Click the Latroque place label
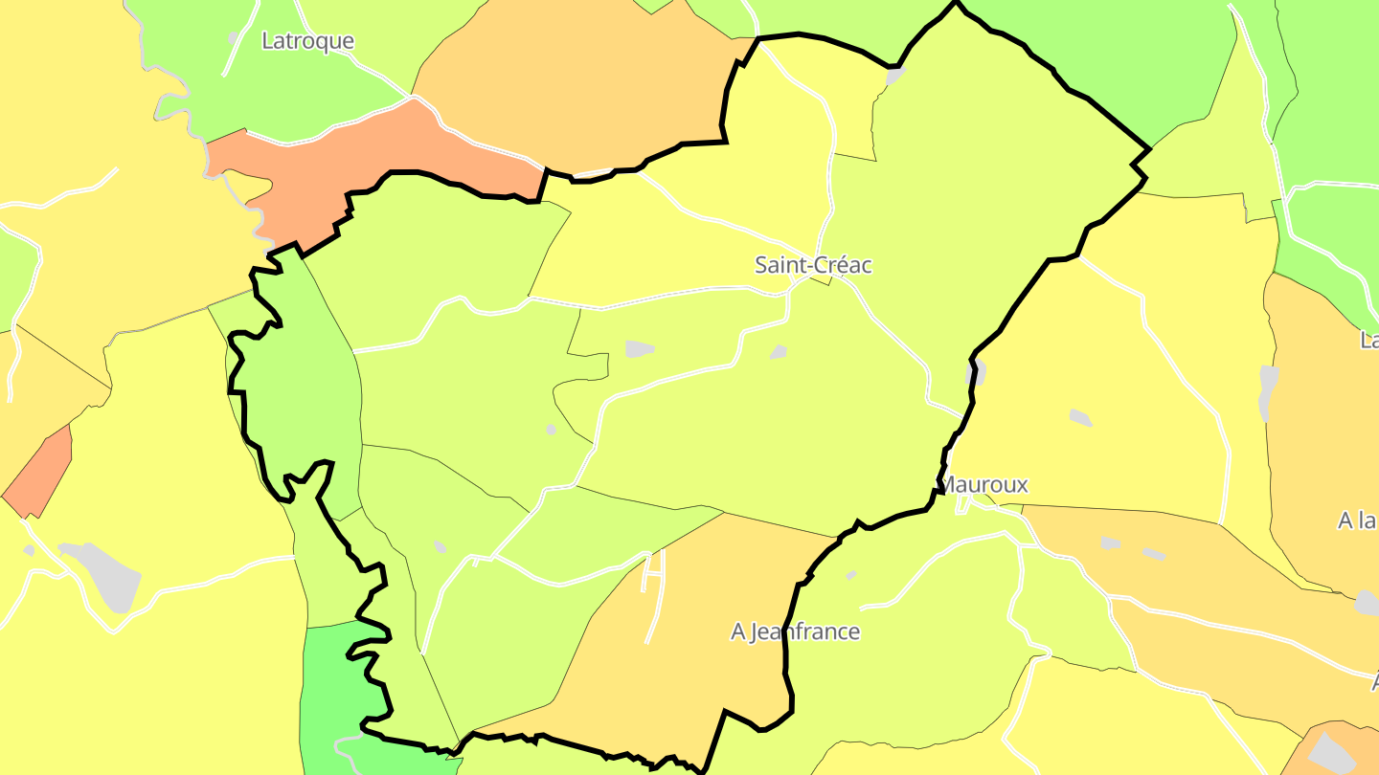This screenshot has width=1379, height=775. pyautogui.click(x=307, y=41)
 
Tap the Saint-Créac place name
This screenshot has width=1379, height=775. pyautogui.click(x=813, y=265)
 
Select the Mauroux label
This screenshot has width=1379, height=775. pyautogui.click(x=985, y=484)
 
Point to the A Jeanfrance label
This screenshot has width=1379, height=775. pyautogui.click(x=795, y=631)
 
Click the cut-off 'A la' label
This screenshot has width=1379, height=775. pyautogui.click(x=1358, y=520)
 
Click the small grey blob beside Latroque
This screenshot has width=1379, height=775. pyautogui.click(x=233, y=38)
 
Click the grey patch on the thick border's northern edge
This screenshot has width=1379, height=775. pyautogui.click(x=895, y=75)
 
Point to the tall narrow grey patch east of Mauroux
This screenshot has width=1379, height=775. pyautogui.click(x=1268, y=392)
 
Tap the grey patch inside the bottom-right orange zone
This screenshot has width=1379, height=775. pyautogui.click(x=1331, y=751)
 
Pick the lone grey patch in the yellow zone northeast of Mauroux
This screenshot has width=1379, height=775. pyautogui.click(x=1080, y=417)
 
